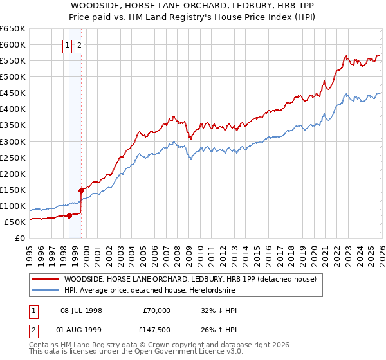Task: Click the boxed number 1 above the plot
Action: point(67,46)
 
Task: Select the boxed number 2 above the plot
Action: point(79,46)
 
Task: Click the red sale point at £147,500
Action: point(81,190)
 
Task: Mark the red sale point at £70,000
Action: point(69,215)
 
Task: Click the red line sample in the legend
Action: point(45,280)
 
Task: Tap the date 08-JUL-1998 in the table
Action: point(82,310)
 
